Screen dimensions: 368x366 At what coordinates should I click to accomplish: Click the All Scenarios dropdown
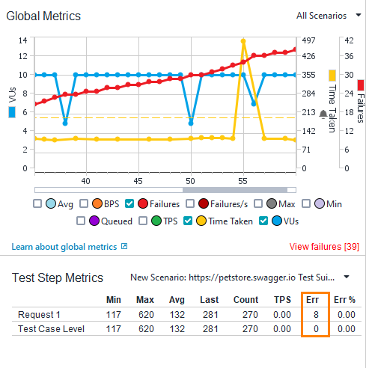coord(326,15)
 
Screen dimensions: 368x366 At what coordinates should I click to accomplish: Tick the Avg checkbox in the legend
coord(38,203)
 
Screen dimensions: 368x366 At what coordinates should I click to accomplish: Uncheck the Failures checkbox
coord(130,203)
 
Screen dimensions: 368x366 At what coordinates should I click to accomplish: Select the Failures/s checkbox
coord(191,203)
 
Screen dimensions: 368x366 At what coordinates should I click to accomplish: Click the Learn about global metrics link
coord(64,247)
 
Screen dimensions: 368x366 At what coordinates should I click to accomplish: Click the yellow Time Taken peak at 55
coord(243,41)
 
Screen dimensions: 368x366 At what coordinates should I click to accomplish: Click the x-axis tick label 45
coord(138,181)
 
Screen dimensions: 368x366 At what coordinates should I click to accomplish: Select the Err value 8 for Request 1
coord(317,314)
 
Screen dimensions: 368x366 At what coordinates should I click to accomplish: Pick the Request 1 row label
coord(39,314)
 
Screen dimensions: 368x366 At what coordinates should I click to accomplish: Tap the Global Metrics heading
coord(43,16)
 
